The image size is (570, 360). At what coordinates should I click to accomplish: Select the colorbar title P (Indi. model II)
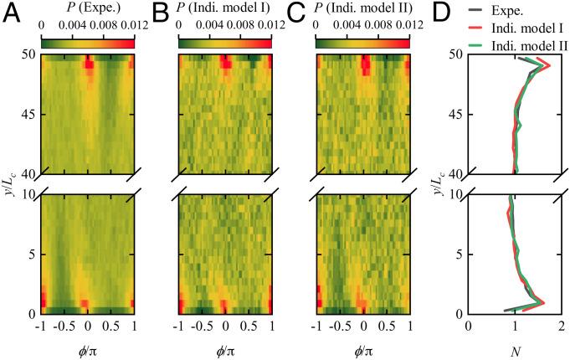coord(362,9)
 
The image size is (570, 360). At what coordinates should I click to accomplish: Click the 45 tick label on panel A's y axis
coord(25,115)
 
